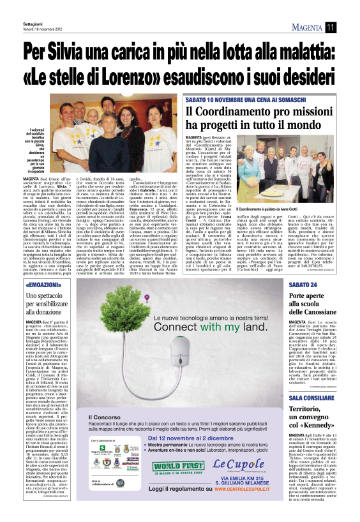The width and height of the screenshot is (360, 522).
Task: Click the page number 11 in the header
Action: click(x=331, y=26)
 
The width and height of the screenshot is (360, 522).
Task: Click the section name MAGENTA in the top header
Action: click(x=305, y=26)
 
